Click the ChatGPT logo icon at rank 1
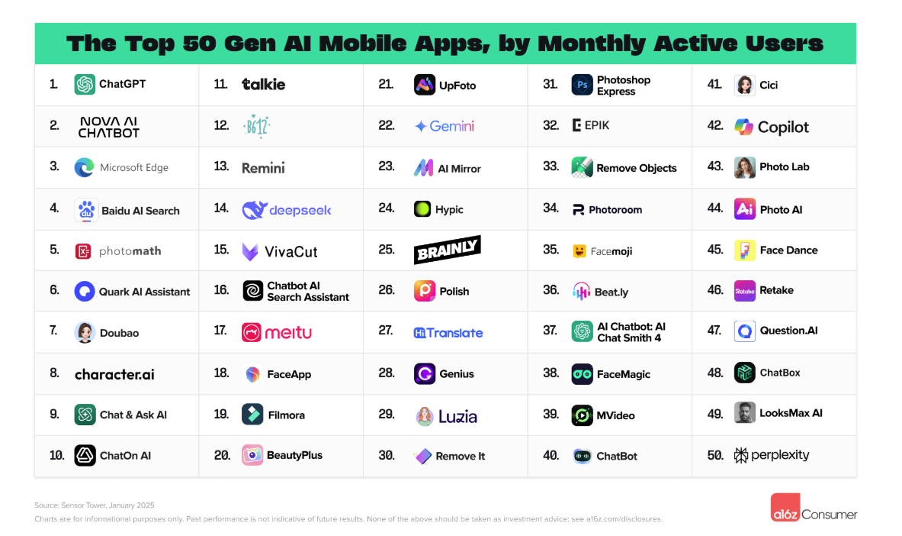(85, 84)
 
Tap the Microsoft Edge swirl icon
(85, 168)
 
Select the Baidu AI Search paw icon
(86, 210)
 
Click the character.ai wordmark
(114, 374)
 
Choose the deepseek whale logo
(253, 210)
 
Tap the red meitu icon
(252, 332)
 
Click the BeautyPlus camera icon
(252, 455)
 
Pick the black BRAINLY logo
(448, 250)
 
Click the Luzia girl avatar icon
(425, 416)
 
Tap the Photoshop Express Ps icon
(582, 85)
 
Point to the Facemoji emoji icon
(580, 250)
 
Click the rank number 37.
(551, 331)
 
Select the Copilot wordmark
(783, 128)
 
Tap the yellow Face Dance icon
(744, 250)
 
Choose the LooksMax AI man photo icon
(744, 413)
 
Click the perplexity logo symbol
(740, 456)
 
